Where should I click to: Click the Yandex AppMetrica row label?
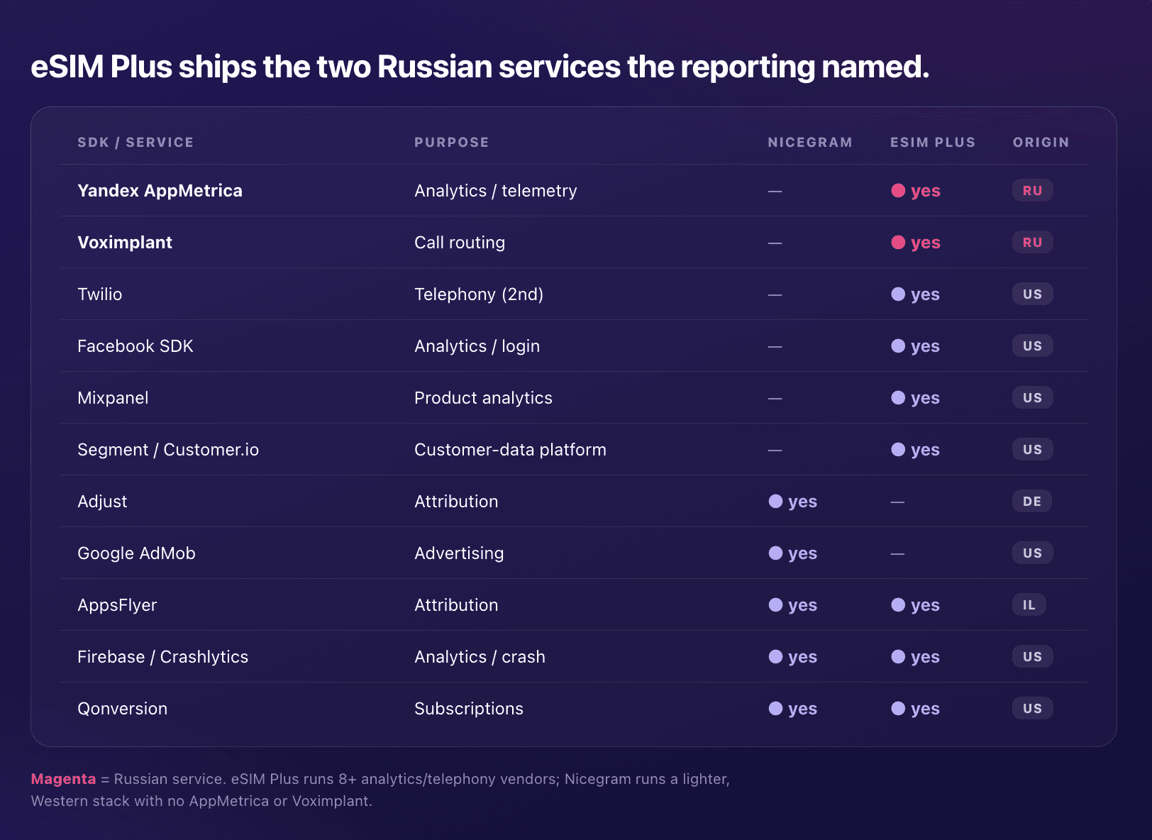coord(160,191)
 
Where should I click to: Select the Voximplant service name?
coord(124,242)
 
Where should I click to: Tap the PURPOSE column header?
coord(452,143)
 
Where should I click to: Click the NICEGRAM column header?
coord(810,143)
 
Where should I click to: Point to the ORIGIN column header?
coord(1041,143)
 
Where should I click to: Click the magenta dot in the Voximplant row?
coord(898,242)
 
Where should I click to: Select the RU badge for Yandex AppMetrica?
coord(1032,191)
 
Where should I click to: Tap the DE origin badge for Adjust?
coord(1031,502)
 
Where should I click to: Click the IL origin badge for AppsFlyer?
coord(1029,605)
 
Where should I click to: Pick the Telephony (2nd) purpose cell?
coord(479,294)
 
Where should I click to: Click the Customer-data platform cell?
coord(510,450)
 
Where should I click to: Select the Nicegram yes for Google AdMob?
coord(792,553)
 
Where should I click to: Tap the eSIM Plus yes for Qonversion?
coord(915,709)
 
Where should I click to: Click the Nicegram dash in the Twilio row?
coord(775,294)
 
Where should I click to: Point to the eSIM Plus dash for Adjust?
coord(897,502)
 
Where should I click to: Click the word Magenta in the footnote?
coord(63,779)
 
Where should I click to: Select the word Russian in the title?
coord(435,67)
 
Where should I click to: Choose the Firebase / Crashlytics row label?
coord(162,657)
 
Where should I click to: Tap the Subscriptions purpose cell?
coord(468,709)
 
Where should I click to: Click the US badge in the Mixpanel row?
coord(1032,398)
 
